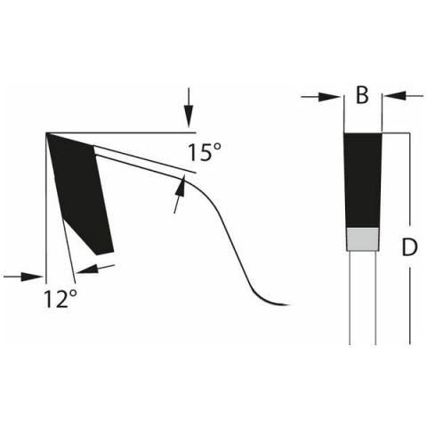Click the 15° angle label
pyautogui.click(x=205, y=152)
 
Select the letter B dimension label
pyautogui.click(x=362, y=95)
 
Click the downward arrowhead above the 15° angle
pyautogui.click(x=189, y=117)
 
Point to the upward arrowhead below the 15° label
pyautogui.click(x=181, y=186)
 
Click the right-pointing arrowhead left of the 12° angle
pyautogui.click(x=32, y=277)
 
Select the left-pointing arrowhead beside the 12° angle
pyautogui.click(x=86, y=269)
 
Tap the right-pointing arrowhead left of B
pyautogui.click(x=329, y=97)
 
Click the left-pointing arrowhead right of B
pyautogui.click(x=394, y=96)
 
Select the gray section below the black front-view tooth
pyautogui.click(x=363, y=239)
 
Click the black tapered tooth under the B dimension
pyautogui.click(x=363, y=181)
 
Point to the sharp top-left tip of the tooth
pyautogui.click(x=46, y=133)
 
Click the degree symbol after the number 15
pyautogui.click(x=217, y=148)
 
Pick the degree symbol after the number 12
pyautogui.click(x=73, y=294)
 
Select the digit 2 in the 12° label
pyautogui.click(x=60, y=299)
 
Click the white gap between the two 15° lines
pyautogui.click(x=140, y=160)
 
